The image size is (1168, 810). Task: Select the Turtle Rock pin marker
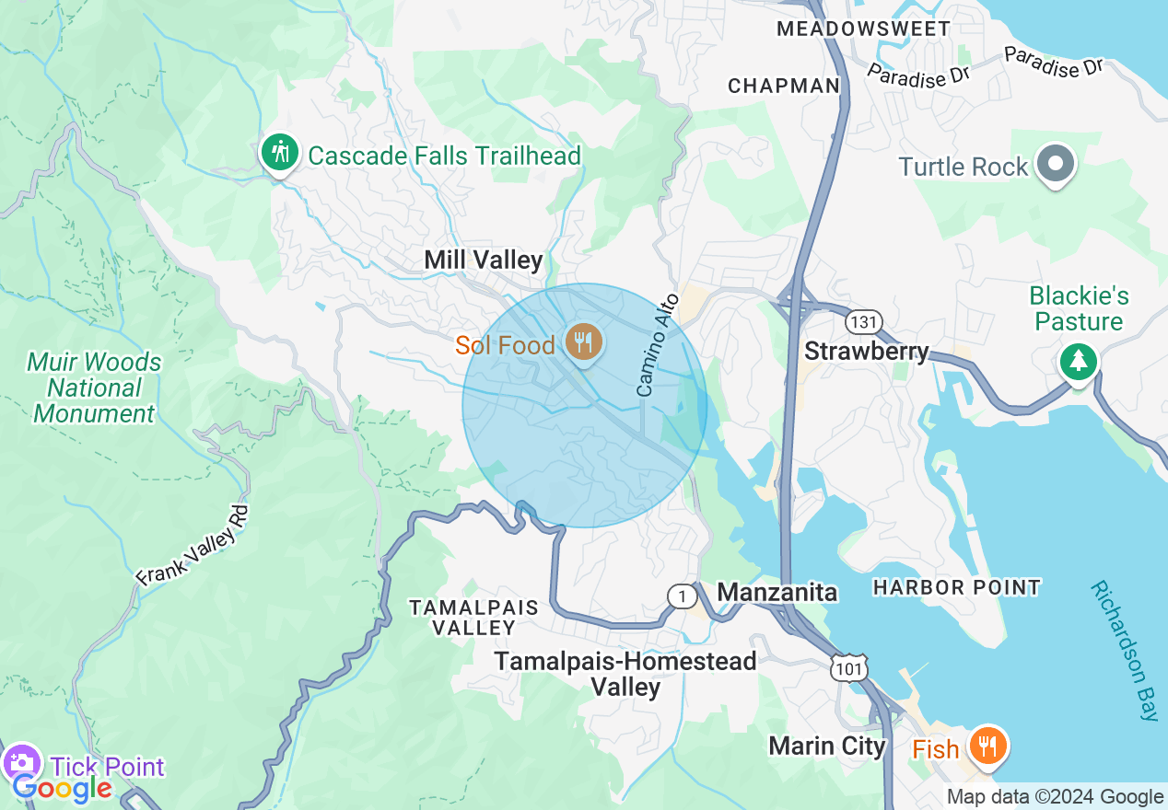(x=1056, y=165)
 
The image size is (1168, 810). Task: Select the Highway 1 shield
(x=682, y=597)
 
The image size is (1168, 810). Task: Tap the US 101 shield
(x=847, y=669)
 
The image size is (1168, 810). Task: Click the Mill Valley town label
(x=484, y=260)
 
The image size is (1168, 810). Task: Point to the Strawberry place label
(x=866, y=351)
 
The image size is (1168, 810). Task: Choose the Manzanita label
(x=777, y=592)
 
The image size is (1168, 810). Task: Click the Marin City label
(x=827, y=745)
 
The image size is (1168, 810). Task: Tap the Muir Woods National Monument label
(x=94, y=388)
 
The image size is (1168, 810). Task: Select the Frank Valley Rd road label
(x=193, y=545)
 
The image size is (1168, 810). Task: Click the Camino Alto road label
(x=657, y=345)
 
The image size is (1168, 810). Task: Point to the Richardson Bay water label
(x=1124, y=650)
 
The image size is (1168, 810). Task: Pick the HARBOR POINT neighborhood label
(x=956, y=586)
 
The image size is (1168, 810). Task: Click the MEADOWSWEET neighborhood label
(x=862, y=29)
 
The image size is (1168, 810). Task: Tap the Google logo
(x=63, y=788)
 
